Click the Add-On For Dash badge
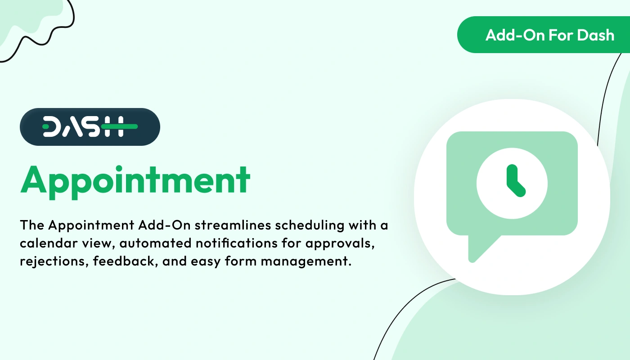tap(544, 35)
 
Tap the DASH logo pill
tap(90, 127)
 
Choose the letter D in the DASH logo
tap(53, 127)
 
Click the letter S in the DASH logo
tap(93, 127)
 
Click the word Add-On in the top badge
tap(508, 35)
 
